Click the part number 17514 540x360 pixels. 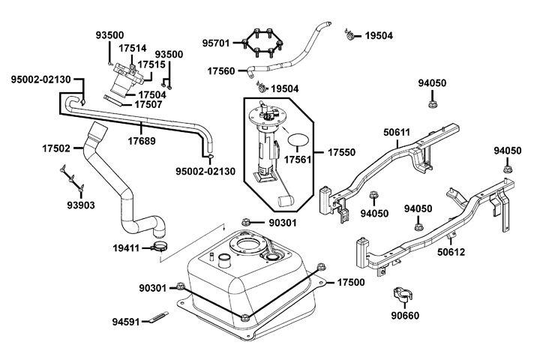(132, 48)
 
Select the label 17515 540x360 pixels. (151, 64)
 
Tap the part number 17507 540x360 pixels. (149, 105)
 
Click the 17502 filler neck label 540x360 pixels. (56, 149)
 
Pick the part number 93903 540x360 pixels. (81, 205)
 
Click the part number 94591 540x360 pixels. (126, 322)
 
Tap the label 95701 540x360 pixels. (217, 43)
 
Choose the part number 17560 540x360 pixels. (221, 71)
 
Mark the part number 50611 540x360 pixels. (397, 133)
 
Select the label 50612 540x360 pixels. (451, 252)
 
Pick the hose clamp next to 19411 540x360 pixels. (160, 246)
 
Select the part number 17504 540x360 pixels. (152, 94)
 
